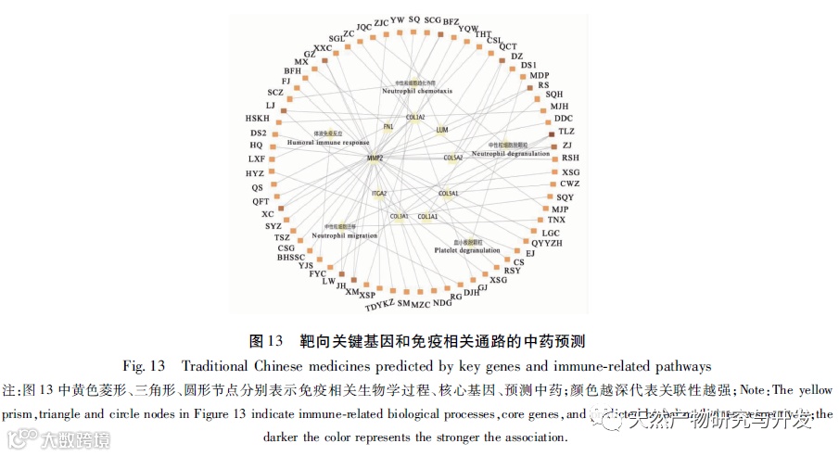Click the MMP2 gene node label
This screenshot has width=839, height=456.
[375, 158]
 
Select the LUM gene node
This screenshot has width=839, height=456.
[442, 130]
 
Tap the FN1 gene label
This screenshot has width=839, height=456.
[388, 126]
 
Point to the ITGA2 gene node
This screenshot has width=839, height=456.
[378, 194]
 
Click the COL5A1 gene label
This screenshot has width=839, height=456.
[449, 194]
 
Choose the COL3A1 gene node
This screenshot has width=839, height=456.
[400, 217]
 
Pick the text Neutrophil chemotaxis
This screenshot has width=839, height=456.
[417, 92]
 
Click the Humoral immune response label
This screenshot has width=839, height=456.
[328, 143]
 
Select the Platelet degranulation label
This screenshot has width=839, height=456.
[465, 250]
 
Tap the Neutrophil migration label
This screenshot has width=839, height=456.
[344, 235]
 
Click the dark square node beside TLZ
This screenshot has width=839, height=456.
[553, 133]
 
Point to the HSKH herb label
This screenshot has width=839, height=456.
[258, 119]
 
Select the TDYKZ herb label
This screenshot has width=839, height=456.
[379, 304]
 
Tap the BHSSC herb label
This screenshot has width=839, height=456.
[290, 257]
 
